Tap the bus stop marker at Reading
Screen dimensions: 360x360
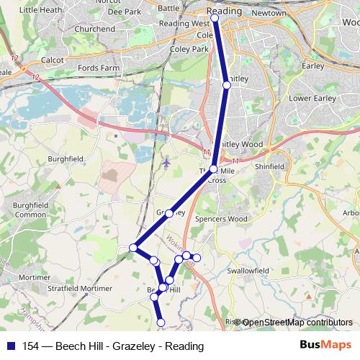coord(215,18)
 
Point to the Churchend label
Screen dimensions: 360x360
coord(95,29)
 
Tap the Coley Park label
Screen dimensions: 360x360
coord(189,49)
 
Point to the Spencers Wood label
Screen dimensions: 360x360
coord(221,219)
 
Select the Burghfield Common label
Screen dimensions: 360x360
coord(30,210)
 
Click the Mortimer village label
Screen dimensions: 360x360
coord(34,276)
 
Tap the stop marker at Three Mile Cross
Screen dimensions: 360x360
coord(213,168)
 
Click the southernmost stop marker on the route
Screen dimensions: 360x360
coord(161,323)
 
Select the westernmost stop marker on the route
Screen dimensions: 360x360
coord(133,248)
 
